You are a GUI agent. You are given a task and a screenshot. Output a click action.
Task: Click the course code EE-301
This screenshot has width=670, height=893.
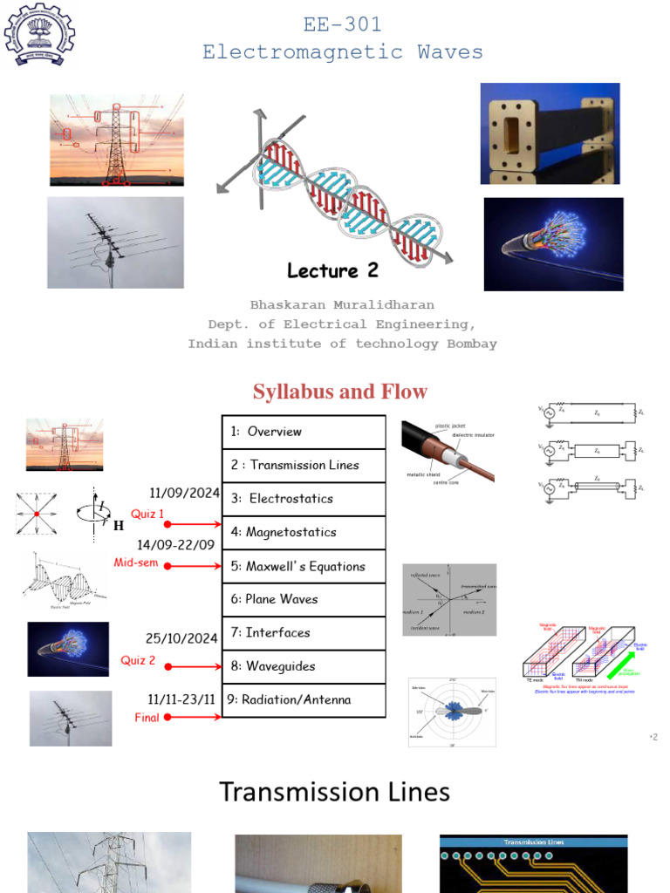[x=342, y=25]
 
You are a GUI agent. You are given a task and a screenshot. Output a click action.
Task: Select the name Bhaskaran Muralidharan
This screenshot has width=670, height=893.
[x=342, y=305]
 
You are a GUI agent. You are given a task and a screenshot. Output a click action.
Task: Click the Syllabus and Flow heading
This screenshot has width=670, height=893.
[x=340, y=392]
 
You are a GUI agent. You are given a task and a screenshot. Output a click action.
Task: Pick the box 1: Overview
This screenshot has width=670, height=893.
[x=304, y=432]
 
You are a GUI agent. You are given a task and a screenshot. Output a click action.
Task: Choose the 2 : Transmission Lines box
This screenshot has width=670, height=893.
[x=304, y=465]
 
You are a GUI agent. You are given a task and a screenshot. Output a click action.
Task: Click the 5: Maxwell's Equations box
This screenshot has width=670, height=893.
[x=304, y=566]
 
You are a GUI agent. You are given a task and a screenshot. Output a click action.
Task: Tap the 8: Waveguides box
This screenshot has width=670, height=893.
[x=304, y=666]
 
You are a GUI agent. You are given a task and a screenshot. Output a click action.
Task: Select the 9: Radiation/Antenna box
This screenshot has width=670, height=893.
[x=304, y=699]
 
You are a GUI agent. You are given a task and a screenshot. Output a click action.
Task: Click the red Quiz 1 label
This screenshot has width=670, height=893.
[x=147, y=514]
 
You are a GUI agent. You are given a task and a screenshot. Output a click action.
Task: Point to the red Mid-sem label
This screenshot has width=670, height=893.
[x=136, y=562]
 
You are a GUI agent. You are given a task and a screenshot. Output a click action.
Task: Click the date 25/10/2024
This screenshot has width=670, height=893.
[x=182, y=638]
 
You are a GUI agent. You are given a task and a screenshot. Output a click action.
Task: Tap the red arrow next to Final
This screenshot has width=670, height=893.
[x=194, y=717]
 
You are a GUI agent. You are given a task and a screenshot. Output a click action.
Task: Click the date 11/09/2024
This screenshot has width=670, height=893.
[x=185, y=493]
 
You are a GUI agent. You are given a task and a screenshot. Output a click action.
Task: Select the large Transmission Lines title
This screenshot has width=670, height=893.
[x=334, y=792]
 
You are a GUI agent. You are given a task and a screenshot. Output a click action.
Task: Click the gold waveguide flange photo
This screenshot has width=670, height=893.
[x=550, y=133]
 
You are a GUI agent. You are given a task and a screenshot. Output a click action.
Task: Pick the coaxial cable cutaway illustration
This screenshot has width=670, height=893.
[x=448, y=452]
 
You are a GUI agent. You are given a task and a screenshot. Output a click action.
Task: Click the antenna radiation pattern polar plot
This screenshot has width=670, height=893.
[x=452, y=712]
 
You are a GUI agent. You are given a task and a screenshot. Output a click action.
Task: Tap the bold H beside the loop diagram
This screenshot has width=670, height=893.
[x=118, y=526]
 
